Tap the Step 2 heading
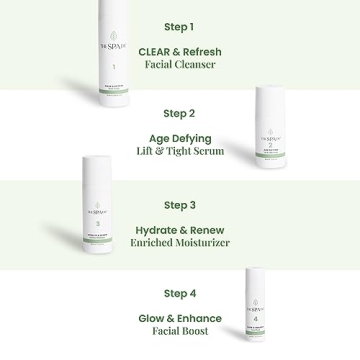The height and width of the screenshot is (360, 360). coord(179,115)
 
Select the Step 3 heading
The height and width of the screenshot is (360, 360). coord(179,205)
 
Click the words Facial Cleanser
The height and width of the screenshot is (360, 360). coord(179,64)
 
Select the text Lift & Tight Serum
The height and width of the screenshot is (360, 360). coord(179,152)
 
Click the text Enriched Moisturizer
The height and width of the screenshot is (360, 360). coord(179,242)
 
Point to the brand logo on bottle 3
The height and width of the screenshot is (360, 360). coord(85,184)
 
